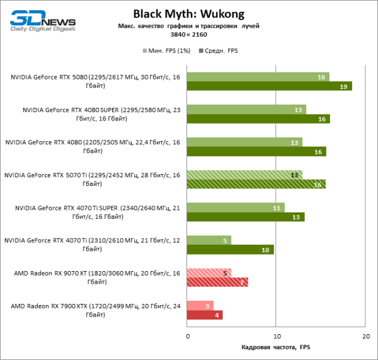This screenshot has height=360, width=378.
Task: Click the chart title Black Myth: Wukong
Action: point(188,13)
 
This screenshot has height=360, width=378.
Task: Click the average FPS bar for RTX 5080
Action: point(269,86)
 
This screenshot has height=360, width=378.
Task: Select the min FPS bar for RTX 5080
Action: point(258,77)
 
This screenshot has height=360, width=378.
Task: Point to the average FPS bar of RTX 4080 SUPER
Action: point(258,119)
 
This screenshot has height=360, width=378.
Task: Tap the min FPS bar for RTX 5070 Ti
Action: point(244,175)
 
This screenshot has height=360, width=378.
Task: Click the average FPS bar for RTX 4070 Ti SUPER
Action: point(246,217)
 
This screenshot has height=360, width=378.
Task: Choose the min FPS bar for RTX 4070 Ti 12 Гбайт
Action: point(209,240)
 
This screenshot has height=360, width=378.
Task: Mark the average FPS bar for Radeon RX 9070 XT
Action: point(217,282)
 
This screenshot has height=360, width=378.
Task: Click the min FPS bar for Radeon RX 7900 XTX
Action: point(201,305)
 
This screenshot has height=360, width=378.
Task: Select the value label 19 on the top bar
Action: point(343,86)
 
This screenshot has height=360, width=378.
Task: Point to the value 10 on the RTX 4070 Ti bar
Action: point(265,250)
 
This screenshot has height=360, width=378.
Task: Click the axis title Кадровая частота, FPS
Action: point(276,347)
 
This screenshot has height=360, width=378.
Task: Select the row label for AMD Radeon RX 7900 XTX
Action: point(92,310)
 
